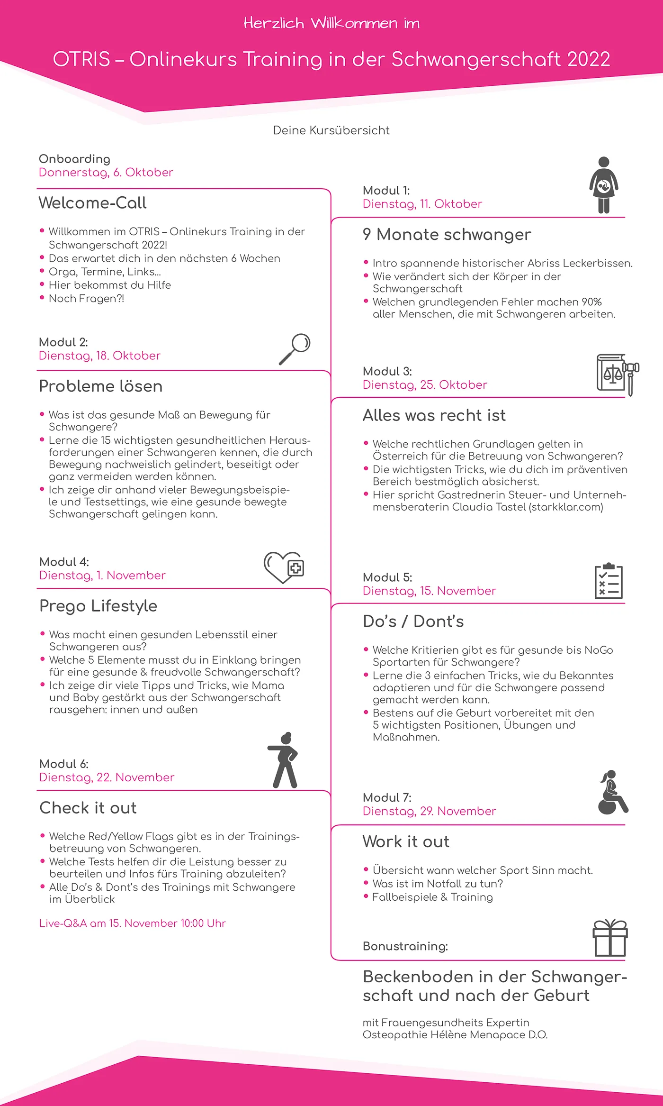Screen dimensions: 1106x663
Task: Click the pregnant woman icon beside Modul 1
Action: click(603, 185)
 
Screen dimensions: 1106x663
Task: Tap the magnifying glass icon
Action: click(295, 348)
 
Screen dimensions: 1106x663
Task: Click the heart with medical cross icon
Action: click(284, 567)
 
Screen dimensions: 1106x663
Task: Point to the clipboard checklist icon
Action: click(609, 581)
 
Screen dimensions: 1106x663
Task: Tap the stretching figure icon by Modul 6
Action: click(284, 760)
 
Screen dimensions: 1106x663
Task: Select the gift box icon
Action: click(610, 938)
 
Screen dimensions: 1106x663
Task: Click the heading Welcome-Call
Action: click(92, 203)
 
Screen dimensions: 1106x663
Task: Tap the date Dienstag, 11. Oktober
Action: click(422, 204)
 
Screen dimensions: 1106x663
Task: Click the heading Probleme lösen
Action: click(100, 386)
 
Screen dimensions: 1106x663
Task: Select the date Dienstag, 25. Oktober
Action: click(425, 385)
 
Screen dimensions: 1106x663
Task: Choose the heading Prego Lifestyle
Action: click(98, 606)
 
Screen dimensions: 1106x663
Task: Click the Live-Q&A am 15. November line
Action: click(132, 923)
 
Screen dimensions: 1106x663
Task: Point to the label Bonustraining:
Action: click(405, 946)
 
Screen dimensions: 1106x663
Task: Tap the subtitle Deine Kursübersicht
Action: click(331, 130)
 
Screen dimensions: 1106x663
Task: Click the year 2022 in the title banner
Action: click(589, 60)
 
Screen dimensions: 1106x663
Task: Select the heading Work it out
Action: click(406, 841)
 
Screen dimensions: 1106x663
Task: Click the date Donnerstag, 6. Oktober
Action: click(106, 173)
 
